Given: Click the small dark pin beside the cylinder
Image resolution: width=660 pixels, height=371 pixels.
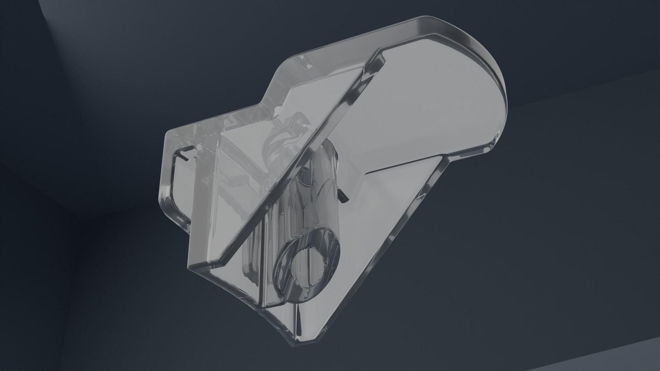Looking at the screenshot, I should [x=342, y=195].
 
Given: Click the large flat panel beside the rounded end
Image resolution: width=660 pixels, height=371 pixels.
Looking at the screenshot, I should [x=430, y=103].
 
